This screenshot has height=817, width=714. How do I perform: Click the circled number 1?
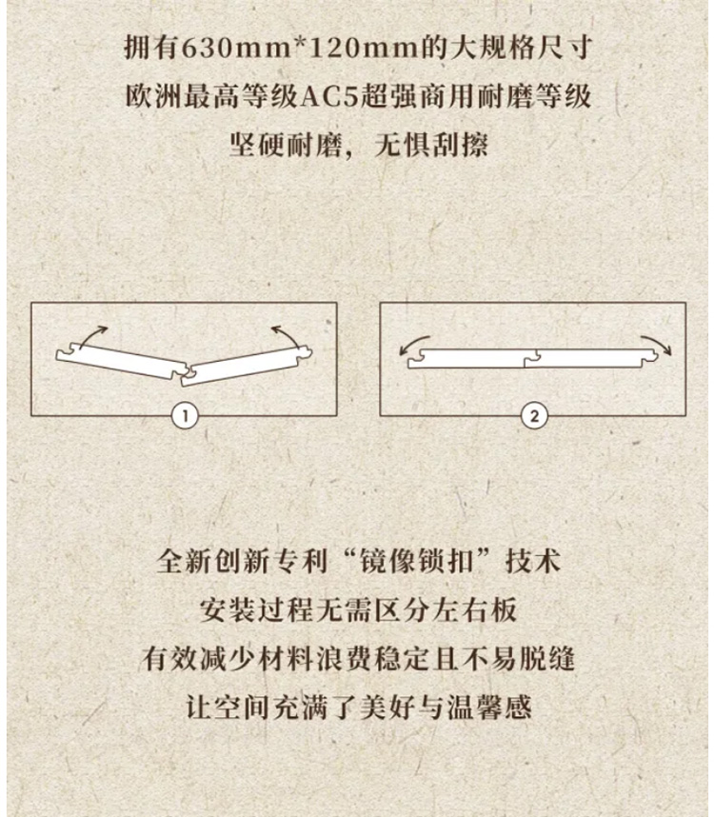click(184, 415)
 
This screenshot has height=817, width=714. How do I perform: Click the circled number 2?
click(534, 415)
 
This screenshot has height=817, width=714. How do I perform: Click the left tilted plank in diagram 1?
click(119, 361)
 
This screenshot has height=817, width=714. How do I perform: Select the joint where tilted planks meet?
click(183, 372)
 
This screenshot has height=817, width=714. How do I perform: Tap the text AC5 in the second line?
click(333, 96)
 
